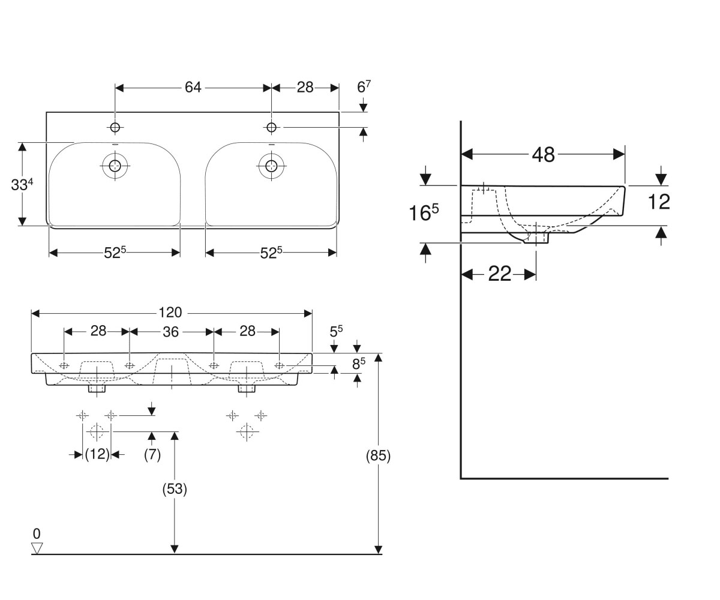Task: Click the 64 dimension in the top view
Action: [193, 88]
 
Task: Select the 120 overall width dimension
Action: [170, 313]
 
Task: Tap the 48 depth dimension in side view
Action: [543, 155]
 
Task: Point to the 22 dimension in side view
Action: [499, 274]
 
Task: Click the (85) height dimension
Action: [378, 456]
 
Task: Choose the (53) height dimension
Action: [175, 488]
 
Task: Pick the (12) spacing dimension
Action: [97, 454]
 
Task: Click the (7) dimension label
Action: [152, 454]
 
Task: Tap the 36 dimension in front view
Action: [170, 332]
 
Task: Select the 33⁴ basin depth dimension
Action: [22, 184]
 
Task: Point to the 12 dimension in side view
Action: [659, 202]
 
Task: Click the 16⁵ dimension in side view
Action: [424, 212]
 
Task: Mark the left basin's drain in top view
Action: [115, 166]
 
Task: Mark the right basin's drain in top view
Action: [271, 166]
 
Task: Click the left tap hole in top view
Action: [115, 128]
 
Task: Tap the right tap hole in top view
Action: [271, 128]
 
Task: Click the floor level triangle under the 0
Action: [37, 548]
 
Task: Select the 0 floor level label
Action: [37, 534]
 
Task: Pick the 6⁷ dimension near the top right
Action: [364, 87]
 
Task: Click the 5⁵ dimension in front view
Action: [336, 331]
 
